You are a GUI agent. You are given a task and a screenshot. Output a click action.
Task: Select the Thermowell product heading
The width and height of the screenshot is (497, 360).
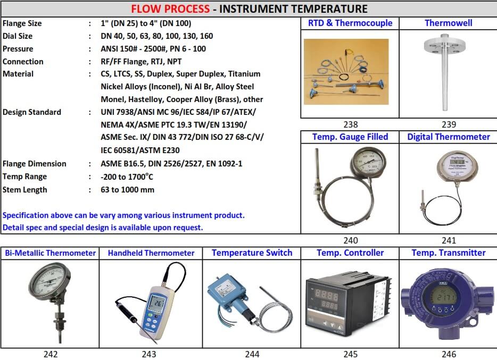(x=448, y=23)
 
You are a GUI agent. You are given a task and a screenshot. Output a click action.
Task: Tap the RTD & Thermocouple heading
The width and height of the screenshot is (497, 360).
(x=350, y=23)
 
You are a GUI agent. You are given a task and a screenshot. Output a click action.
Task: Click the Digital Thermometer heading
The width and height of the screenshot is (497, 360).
(x=448, y=137)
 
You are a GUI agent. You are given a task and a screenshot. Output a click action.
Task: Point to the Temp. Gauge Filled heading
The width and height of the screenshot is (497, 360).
(x=350, y=137)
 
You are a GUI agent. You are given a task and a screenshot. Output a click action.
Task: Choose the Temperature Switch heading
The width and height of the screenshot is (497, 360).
(x=252, y=253)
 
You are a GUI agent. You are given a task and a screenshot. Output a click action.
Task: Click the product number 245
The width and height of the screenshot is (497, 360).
(x=350, y=354)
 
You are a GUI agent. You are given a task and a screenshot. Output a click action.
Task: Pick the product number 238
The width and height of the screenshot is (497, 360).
(x=350, y=124)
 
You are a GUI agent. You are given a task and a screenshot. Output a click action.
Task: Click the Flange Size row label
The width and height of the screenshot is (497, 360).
(x=22, y=23)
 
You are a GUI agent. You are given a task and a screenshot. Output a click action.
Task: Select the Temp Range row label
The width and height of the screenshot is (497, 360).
(x=24, y=177)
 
